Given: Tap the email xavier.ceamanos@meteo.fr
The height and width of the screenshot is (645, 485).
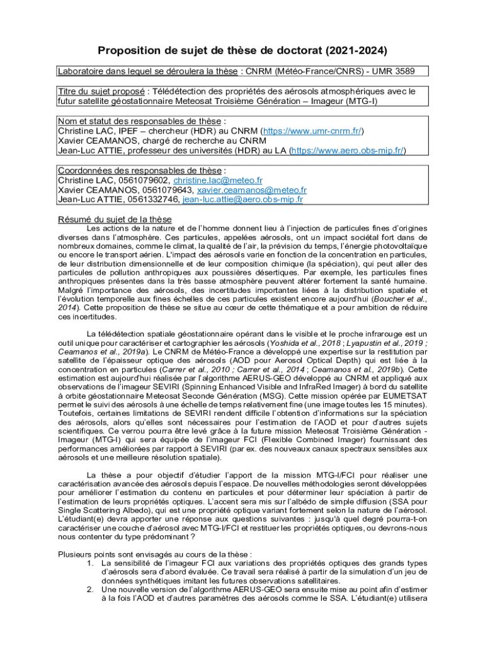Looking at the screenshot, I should pos(252,190).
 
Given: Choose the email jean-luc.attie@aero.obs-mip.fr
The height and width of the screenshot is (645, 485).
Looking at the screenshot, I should pos(243,199).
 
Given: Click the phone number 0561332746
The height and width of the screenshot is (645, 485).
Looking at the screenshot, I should pos(154,199).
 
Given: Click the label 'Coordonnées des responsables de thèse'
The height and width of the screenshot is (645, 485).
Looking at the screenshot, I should pos(139,171).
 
